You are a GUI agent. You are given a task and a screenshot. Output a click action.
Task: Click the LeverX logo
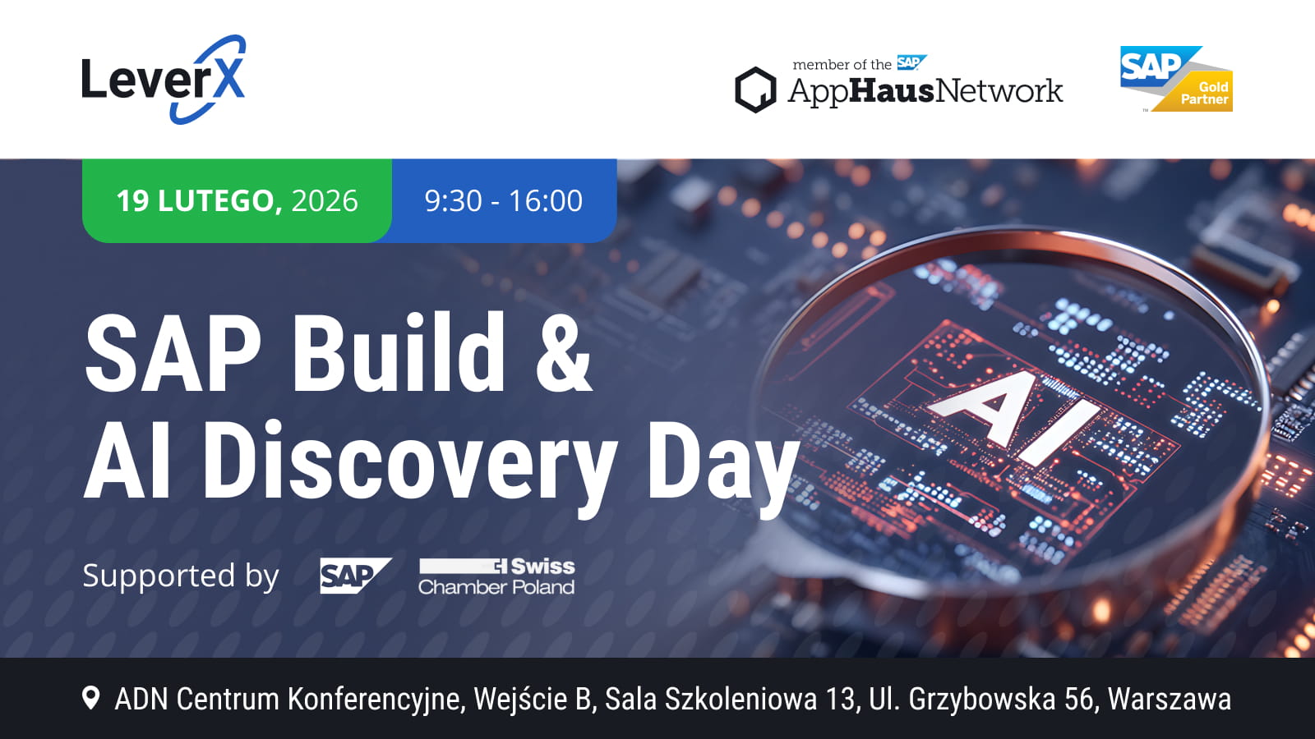click(x=164, y=79)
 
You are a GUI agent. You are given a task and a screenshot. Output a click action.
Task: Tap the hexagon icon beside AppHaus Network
click(x=755, y=90)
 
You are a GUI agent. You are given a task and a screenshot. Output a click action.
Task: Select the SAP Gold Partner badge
click(x=1176, y=79)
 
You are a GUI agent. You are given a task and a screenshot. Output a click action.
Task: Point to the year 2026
click(x=325, y=200)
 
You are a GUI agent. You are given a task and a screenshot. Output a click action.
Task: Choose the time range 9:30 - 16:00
click(x=504, y=200)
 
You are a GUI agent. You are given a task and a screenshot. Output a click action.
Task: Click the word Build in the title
click(x=398, y=352)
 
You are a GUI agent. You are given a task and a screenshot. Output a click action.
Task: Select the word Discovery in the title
click(x=410, y=463)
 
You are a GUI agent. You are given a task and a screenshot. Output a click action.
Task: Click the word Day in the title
click(x=723, y=466)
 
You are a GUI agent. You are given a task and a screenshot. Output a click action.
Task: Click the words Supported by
click(x=181, y=576)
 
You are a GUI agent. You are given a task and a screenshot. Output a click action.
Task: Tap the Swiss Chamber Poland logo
click(x=496, y=576)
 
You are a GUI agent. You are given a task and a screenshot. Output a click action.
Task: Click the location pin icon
click(x=90, y=699)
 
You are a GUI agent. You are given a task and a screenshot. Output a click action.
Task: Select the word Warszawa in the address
click(x=1170, y=699)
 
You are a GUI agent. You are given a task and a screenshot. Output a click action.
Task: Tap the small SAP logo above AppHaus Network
click(x=911, y=62)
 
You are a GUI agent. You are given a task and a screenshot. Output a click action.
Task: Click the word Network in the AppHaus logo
click(x=999, y=91)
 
